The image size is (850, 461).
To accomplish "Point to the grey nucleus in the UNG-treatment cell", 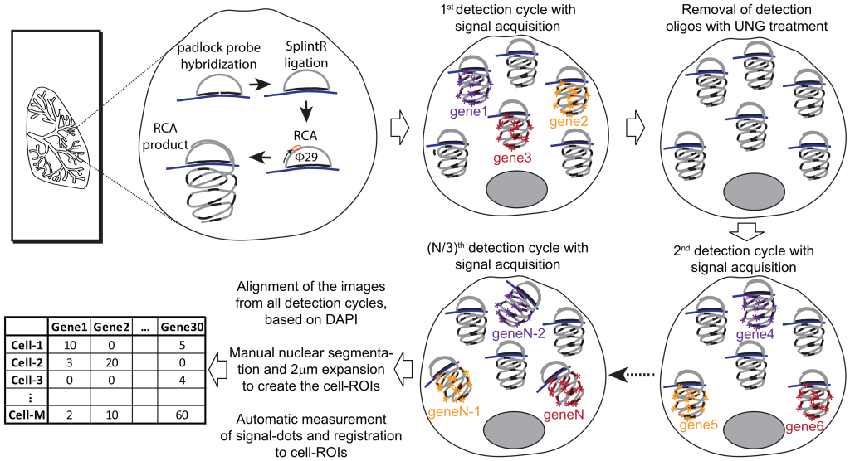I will click(x=755, y=192).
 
